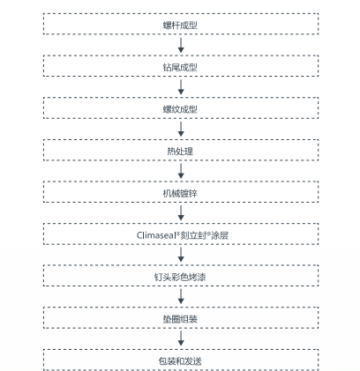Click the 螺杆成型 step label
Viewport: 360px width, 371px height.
(x=180, y=26)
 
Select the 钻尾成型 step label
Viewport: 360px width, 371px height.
(x=180, y=68)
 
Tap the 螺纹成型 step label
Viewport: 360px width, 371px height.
(x=180, y=109)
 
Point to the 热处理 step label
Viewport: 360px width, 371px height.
(x=180, y=152)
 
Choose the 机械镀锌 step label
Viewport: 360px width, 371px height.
(x=180, y=193)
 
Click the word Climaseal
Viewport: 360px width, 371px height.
(x=156, y=235)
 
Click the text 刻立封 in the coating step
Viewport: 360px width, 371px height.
(x=193, y=235)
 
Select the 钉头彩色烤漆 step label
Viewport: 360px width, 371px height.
(x=180, y=277)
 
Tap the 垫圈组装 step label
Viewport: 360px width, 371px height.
(x=180, y=319)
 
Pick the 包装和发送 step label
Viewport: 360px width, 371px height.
(x=180, y=361)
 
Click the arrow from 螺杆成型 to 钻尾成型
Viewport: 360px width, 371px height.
(x=181, y=45)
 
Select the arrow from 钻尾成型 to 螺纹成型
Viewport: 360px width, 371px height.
(x=181, y=87)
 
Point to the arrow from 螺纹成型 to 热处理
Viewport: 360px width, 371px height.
(x=181, y=129)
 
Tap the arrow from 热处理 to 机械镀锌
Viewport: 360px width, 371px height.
(x=181, y=171)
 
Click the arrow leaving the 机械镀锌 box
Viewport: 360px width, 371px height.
(x=181, y=213)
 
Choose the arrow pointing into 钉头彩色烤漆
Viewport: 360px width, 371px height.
(x=181, y=255)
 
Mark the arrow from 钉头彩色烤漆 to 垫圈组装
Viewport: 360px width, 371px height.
(x=181, y=296)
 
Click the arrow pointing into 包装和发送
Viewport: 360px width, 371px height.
(x=181, y=338)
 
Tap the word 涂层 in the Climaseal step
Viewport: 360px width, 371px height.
(x=220, y=235)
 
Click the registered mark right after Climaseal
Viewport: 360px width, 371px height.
(x=178, y=233)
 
